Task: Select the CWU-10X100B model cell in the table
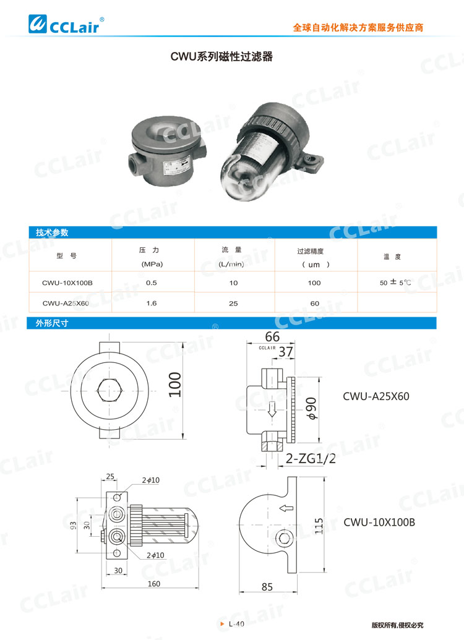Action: point(67,283)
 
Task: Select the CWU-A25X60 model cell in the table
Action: point(66,303)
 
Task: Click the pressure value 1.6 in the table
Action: point(150,303)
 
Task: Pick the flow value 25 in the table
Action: point(233,303)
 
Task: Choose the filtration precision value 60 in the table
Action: point(314,303)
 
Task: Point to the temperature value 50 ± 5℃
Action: point(395,283)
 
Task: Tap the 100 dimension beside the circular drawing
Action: point(176,385)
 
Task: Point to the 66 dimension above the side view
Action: point(272,336)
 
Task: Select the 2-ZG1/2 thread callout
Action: point(311,458)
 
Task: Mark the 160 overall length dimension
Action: point(154,583)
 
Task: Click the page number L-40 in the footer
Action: point(236,624)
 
